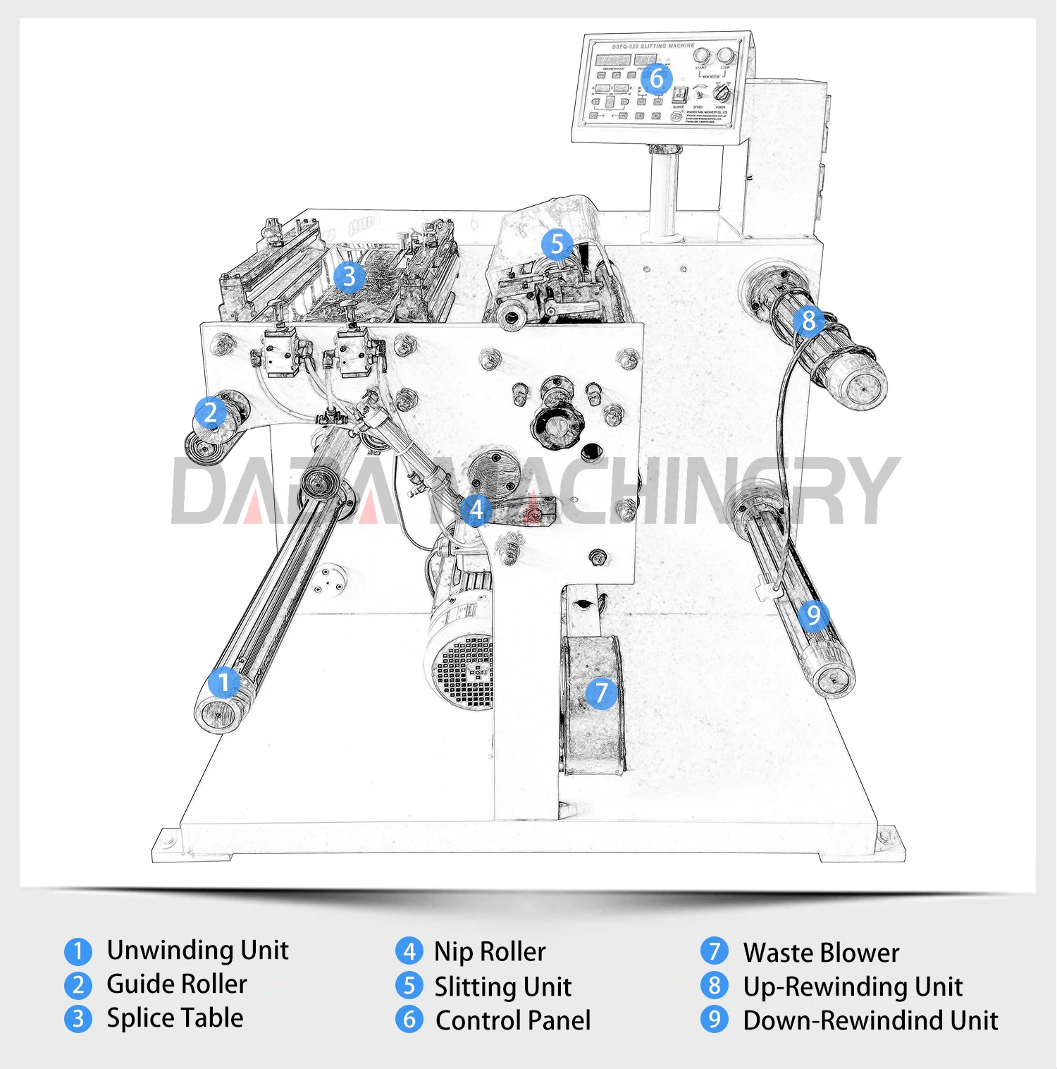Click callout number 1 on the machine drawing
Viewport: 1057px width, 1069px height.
point(223,683)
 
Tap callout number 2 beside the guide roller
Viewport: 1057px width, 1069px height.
point(210,413)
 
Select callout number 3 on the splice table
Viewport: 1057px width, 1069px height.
point(349,276)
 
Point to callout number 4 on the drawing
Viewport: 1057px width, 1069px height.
point(476,508)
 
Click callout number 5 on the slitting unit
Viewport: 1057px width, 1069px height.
point(557,244)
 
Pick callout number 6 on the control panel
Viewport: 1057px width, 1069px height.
point(657,78)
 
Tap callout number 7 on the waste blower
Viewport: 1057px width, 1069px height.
point(601,692)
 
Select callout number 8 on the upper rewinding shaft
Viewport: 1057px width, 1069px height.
point(808,321)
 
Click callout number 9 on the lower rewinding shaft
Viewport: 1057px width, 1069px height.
point(813,616)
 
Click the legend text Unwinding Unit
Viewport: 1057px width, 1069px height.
point(197,951)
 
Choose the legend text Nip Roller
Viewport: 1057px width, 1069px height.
point(490,952)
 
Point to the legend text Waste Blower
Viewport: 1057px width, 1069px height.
point(821,953)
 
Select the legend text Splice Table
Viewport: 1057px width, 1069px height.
point(175,1018)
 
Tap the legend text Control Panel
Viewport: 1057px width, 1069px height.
point(513,1020)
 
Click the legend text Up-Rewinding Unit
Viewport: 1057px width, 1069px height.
point(853,986)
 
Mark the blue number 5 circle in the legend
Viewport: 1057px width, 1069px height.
point(409,986)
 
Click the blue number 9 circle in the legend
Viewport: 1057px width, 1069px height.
point(715,1020)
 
